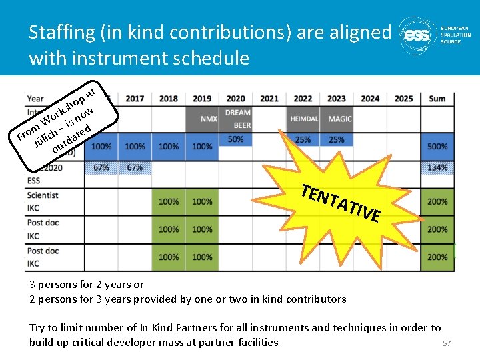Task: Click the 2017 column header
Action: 135,99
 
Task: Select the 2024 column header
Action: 370,99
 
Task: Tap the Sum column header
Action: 437,99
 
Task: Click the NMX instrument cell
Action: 209,119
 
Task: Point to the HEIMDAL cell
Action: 303,119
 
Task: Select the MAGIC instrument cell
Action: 340,119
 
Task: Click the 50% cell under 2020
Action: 236,139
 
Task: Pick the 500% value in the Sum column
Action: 437,147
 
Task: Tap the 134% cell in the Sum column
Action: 437,167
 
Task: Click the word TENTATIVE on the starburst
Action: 341,202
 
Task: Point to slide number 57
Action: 447,343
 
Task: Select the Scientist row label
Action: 43,195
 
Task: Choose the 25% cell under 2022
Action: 303,140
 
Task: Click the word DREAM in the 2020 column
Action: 238,113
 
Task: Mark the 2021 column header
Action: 269,99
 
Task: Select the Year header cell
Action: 36,99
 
